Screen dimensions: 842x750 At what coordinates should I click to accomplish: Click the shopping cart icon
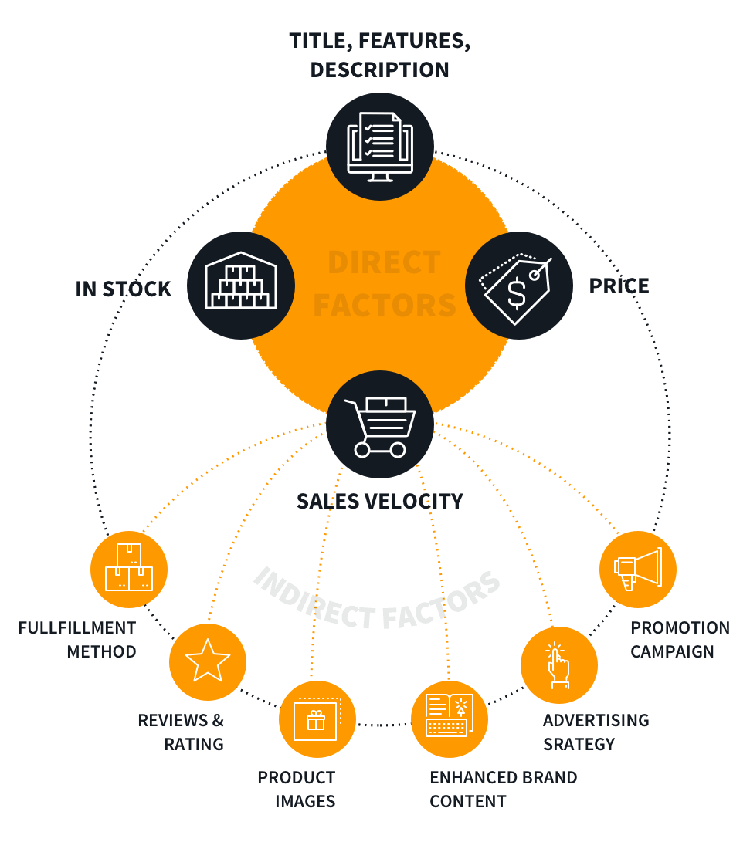[x=379, y=427]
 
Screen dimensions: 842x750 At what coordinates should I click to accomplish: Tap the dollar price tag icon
[x=518, y=285]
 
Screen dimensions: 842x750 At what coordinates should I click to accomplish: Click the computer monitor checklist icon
[x=379, y=146]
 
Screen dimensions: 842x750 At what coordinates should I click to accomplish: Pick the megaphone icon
[x=637, y=569]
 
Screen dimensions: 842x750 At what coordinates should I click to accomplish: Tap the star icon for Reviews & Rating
[x=207, y=661]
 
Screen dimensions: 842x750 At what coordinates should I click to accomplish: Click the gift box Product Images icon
[x=317, y=719]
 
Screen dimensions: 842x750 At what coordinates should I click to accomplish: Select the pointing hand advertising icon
[x=558, y=665]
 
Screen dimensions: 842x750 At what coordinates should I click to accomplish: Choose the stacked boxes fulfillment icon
[x=129, y=570]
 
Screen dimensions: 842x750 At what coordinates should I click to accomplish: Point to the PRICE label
[x=619, y=286]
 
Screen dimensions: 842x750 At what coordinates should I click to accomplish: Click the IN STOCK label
[x=123, y=289]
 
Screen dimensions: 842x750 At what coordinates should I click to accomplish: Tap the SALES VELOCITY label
[x=379, y=501]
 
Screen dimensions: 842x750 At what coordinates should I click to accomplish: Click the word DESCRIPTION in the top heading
[x=379, y=69]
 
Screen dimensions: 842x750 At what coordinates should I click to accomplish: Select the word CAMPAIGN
[x=672, y=651]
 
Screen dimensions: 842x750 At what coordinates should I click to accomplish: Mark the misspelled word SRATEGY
[x=579, y=744]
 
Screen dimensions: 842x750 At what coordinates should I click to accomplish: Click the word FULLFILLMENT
[x=76, y=627]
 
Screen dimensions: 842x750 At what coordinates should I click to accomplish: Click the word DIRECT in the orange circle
[x=384, y=263]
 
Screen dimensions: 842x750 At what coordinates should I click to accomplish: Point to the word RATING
[x=193, y=744]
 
